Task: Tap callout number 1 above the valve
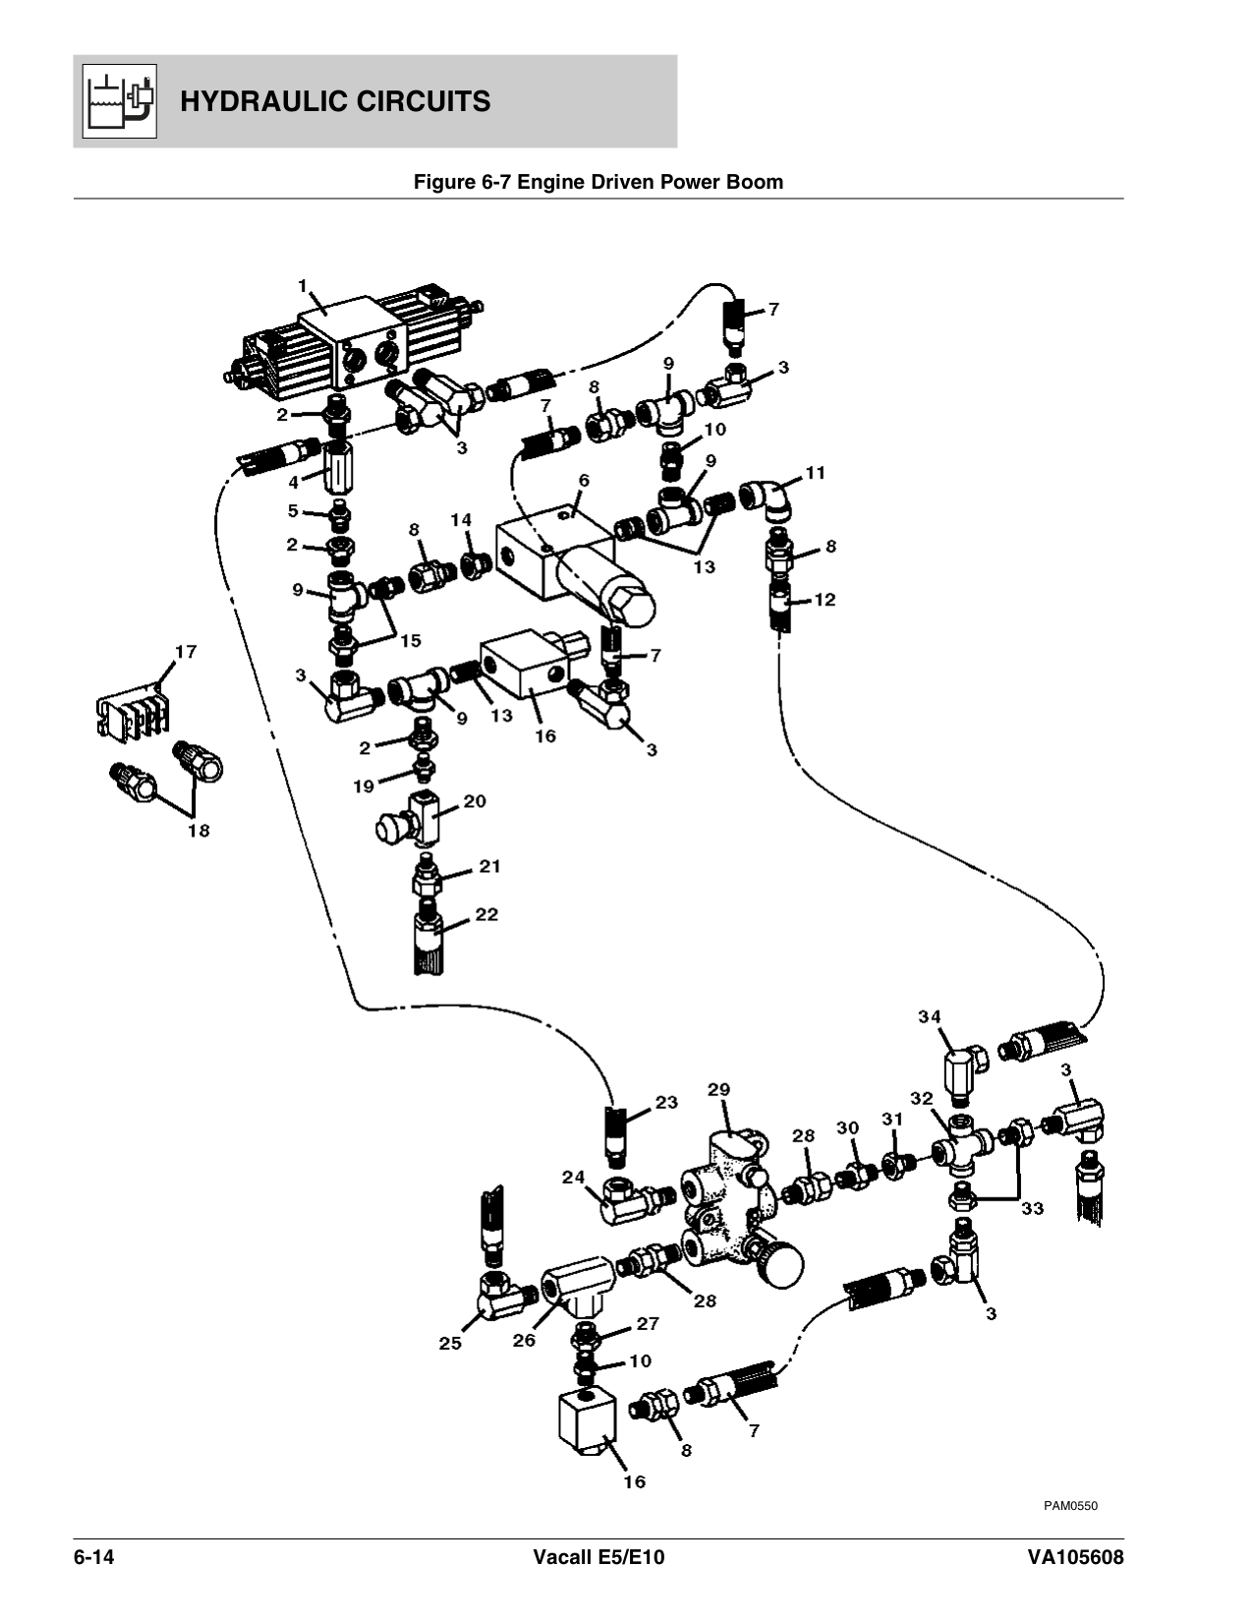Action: click(304, 286)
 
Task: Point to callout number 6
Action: click(584, 480)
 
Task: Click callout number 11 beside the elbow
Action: click(815, 473)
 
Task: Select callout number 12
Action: click(825, 599)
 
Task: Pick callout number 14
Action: click(461, 519)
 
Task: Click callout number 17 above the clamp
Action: click(186, 651)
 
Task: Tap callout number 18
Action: click(199, 831)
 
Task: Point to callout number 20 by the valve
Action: click(475, 801)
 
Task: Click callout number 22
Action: click(486, 914)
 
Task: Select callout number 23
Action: click(666, 1102)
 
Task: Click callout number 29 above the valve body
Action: click(718, 1089)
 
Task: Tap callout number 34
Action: click(930, 1016)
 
